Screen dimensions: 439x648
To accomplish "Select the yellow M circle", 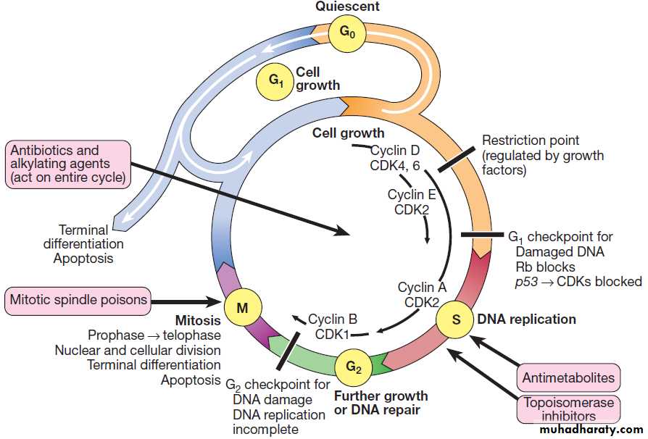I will pos(242,308).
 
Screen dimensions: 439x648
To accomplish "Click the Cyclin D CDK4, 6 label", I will pos(394,159).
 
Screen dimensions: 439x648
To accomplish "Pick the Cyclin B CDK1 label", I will pos(333,327).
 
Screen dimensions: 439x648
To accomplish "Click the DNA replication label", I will pos(526,319).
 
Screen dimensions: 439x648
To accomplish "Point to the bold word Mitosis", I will pos(197,319).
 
